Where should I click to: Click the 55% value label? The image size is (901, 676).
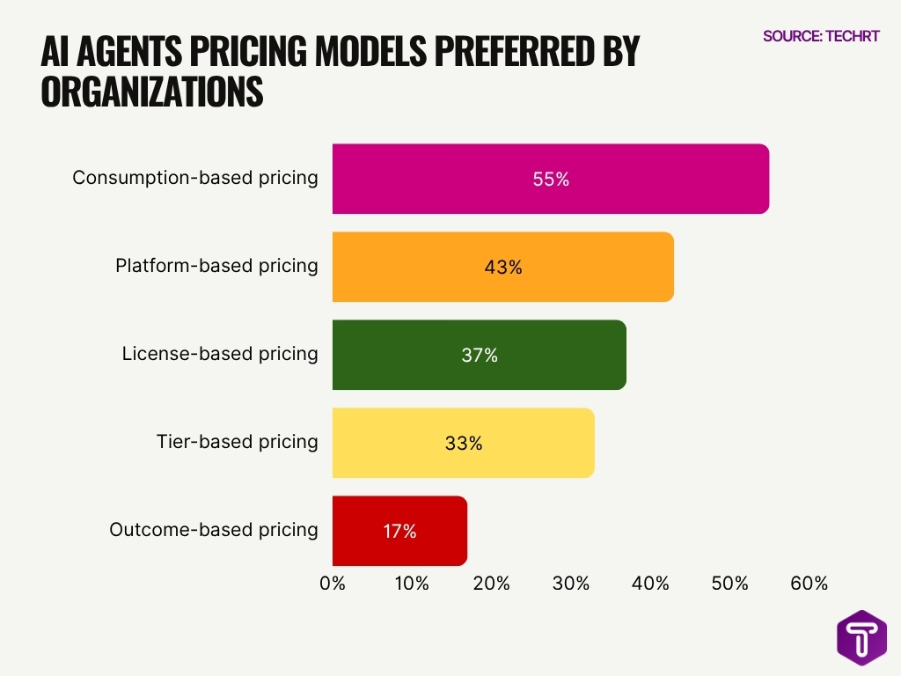(551, 179)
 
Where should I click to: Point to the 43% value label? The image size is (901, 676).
(503, 267)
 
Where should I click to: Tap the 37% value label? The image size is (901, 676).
(480, 355)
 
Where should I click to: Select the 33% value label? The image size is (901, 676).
(464, 443)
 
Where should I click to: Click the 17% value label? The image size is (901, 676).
(399, 531)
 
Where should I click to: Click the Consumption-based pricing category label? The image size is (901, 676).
(194, 178)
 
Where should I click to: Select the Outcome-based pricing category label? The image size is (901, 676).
(213, 530)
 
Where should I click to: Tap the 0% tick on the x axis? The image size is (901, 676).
(333, 584)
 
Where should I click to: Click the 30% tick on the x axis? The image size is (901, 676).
(571, 584)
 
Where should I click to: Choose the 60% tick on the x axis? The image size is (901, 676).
(809, 584)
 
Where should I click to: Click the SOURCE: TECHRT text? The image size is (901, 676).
(821, 36)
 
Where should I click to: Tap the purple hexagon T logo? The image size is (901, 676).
(861, 637)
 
